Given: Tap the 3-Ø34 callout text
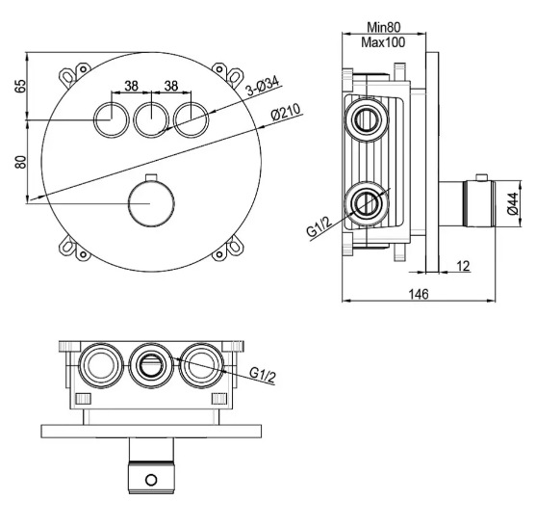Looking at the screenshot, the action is click(x=263, y=87).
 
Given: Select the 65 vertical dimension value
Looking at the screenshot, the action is click(x=20, y=86).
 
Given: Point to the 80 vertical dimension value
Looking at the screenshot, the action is click(x=20, y=162).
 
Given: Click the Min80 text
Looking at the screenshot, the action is click(x=384, y=27).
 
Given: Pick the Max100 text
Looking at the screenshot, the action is click(x=383, y=42).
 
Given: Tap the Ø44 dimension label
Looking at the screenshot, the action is click(x=512, y=204).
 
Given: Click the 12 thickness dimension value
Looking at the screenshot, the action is click(x=463, y=266).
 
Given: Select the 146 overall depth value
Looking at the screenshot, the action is click(x=419, y=294).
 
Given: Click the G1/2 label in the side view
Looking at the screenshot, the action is click(x=319, y=226).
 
